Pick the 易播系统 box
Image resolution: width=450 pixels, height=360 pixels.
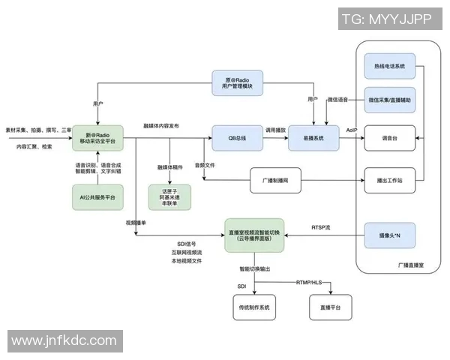[313, 139]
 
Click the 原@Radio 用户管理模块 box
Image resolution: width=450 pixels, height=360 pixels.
[237, 83]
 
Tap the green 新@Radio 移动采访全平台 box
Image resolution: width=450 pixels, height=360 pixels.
[97, 139]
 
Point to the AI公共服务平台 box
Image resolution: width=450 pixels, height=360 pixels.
[97, 196]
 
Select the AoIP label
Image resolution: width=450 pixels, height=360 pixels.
[352, 130]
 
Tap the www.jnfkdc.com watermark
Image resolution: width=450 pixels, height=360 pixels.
[65, 341]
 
